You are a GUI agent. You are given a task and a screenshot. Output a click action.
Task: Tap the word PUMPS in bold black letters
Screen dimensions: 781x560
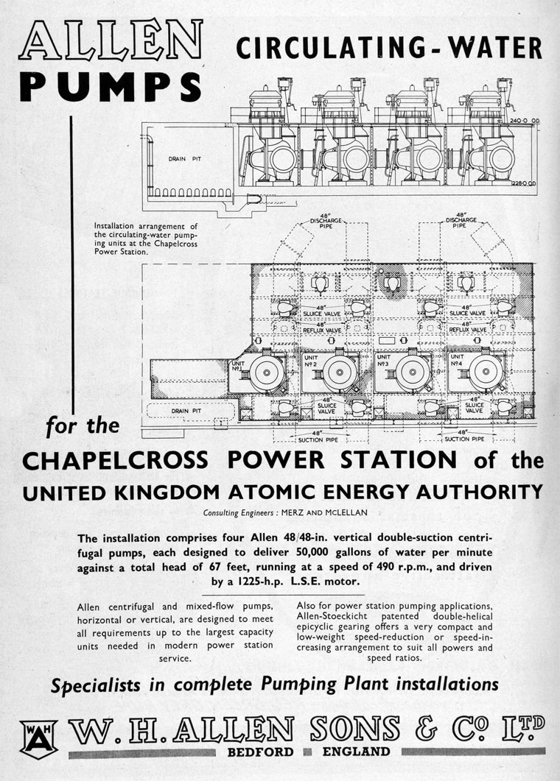[111, 87]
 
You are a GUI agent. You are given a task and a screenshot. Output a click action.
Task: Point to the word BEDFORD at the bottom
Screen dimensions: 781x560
[259, 752]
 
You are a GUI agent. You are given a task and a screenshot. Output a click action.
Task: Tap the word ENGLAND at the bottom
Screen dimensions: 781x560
[355, 752]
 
